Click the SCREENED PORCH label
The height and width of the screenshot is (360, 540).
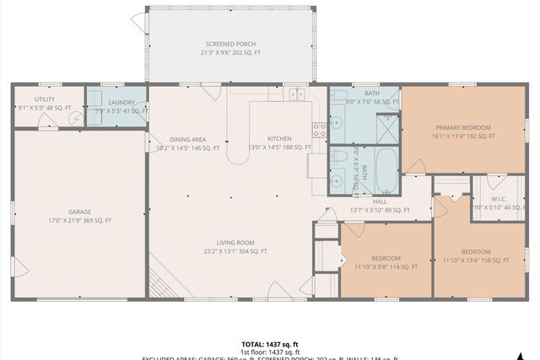point(230,44)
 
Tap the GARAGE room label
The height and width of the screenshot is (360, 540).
point(79,212)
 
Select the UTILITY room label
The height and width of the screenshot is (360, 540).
point(45,99)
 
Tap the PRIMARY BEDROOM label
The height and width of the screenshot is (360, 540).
point(460,127)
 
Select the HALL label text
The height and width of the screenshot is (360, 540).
point(380,201)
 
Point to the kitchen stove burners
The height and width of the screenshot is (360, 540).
point(320,130)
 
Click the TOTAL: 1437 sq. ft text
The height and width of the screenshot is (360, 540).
point(270,344)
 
